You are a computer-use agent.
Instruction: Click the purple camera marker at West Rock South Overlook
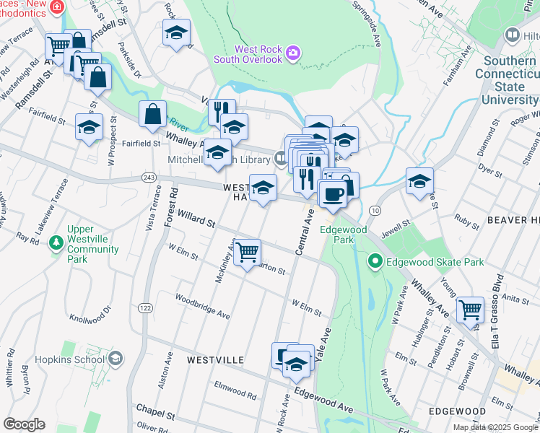coord(292,52)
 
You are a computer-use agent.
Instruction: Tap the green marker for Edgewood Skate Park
coord(375,261)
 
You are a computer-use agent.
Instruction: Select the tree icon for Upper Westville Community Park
coord(56,243)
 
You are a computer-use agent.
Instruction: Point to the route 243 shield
coord(149,178)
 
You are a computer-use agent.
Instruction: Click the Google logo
coord(24,424)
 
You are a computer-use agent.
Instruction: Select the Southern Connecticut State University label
coord(511,80)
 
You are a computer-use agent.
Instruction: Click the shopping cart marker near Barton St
coord(247,252)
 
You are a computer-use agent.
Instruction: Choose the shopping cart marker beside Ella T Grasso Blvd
coord(470,310)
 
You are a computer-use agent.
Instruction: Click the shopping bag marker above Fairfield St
coord(153,114)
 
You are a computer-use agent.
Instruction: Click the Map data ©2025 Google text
coord(495,427)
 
